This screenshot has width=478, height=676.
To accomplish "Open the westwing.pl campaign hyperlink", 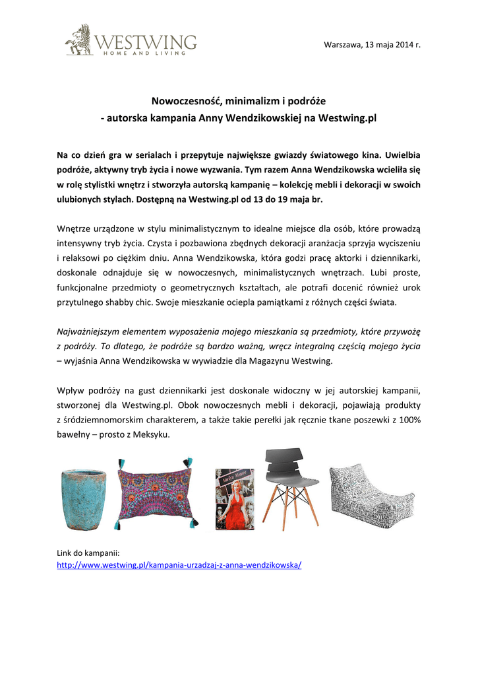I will [179, 566].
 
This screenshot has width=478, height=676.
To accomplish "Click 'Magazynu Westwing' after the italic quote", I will [292, 360].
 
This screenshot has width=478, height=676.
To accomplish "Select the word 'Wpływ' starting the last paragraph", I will [71, 389].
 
